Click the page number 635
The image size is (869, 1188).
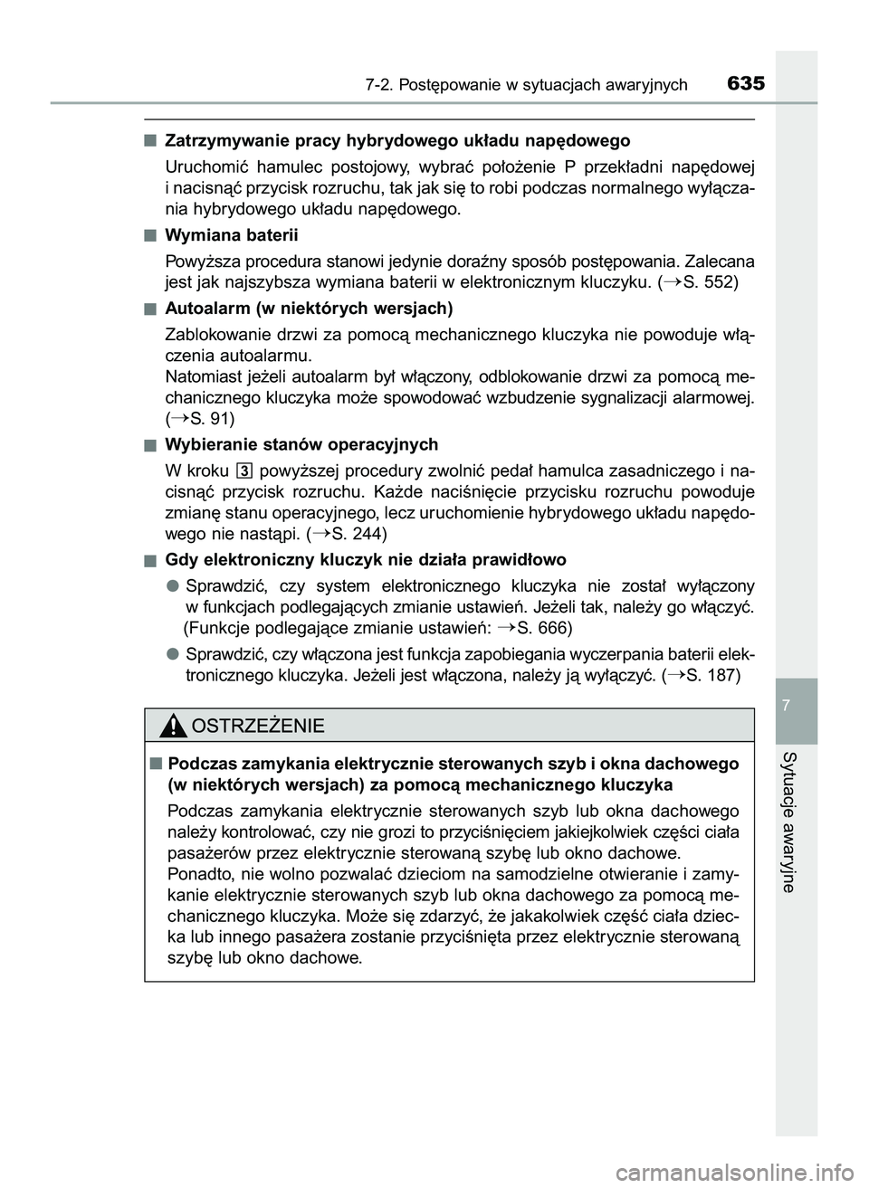745,84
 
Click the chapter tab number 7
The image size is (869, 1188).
797,704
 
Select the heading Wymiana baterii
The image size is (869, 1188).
232,235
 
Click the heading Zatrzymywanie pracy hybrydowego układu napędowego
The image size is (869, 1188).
397,140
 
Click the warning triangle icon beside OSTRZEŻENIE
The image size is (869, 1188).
173,726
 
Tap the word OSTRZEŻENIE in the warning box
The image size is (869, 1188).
258,726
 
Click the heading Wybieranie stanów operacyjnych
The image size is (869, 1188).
301,444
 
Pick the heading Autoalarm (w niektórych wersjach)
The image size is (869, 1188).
309,309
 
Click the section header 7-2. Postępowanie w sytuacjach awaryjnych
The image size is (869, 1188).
527,85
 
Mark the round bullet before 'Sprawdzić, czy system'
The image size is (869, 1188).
171,584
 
